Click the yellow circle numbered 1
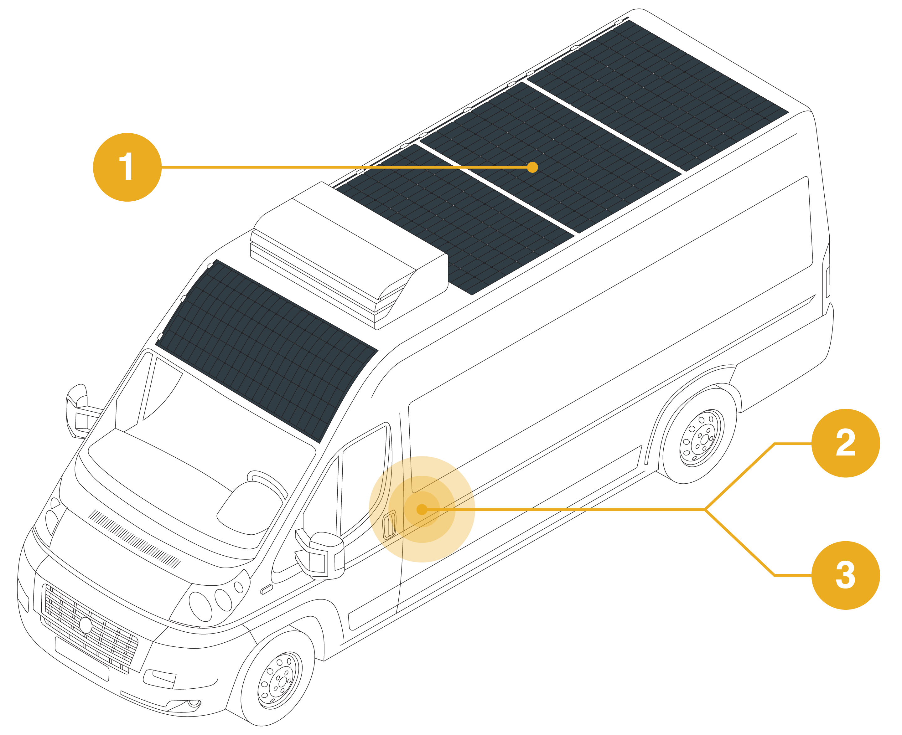coord(127,167)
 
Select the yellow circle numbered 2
coord(845,443)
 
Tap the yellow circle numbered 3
coord(845,575)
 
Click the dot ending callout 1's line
coord(532,167)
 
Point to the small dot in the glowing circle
coord(422,509)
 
